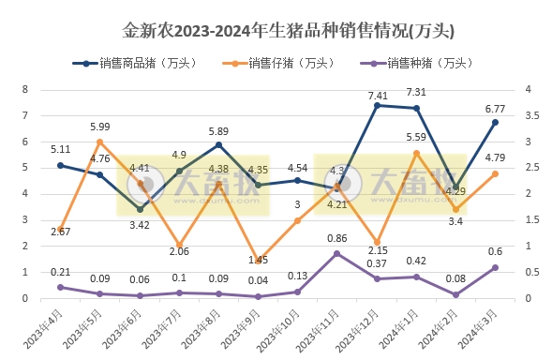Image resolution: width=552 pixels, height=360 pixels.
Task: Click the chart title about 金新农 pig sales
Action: tap(276, 31)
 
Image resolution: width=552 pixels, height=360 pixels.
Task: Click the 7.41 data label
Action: tap(378, 95)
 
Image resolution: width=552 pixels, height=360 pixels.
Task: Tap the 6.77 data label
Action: tap(496, 109)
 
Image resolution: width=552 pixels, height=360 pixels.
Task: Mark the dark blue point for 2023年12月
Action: tap(377, 106)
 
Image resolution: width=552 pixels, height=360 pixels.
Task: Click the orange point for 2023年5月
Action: tap(100, 142)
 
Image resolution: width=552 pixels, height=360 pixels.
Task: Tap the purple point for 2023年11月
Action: tap(337, 254)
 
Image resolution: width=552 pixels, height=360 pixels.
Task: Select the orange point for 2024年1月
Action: tap(416, 153)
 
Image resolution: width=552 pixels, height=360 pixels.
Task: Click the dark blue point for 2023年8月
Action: tap(218, 145)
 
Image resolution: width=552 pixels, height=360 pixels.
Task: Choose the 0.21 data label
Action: tap(60, 272)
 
